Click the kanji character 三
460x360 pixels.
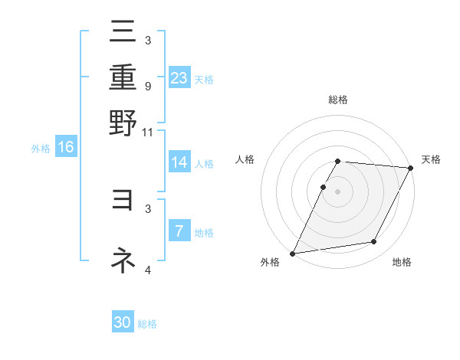click(123, 33)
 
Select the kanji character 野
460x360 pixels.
click(123, 122)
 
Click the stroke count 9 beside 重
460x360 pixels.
click(147, 86)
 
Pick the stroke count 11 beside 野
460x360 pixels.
click(148, 132)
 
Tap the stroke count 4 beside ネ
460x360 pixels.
click(147, 270)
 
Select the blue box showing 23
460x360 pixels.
click(179, 77)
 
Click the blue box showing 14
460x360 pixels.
click(179, 162)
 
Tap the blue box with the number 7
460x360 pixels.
click(179, 231)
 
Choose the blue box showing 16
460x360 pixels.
click(66, 147)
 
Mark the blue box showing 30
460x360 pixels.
click(123, 322)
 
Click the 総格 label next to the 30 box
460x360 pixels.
click(147, 324)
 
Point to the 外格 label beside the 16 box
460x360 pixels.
click(41, 149)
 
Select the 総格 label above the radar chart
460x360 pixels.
click(338, 100)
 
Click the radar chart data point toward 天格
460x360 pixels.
click(411, 168)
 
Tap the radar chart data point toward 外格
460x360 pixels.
click(293, 253)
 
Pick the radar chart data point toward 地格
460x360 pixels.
click(374, 242)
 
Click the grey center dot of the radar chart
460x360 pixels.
click(338, 191)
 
